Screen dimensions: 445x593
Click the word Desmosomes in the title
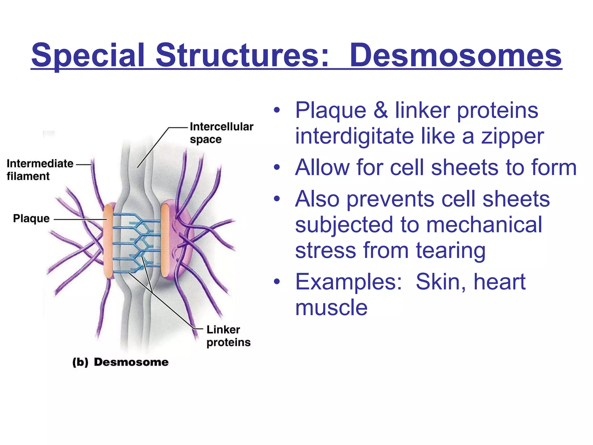coord(455,55)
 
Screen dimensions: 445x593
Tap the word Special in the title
coord(88,55)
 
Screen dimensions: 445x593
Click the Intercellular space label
coord(221,133)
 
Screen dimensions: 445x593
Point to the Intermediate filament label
coord(40,170)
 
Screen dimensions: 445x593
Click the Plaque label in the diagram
coord(31,218)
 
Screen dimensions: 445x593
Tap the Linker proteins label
coord(228,336)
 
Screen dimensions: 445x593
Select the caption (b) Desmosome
coord(120,362)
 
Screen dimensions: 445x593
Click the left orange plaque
coord(108,241)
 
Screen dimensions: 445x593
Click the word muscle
coord(331,307)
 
